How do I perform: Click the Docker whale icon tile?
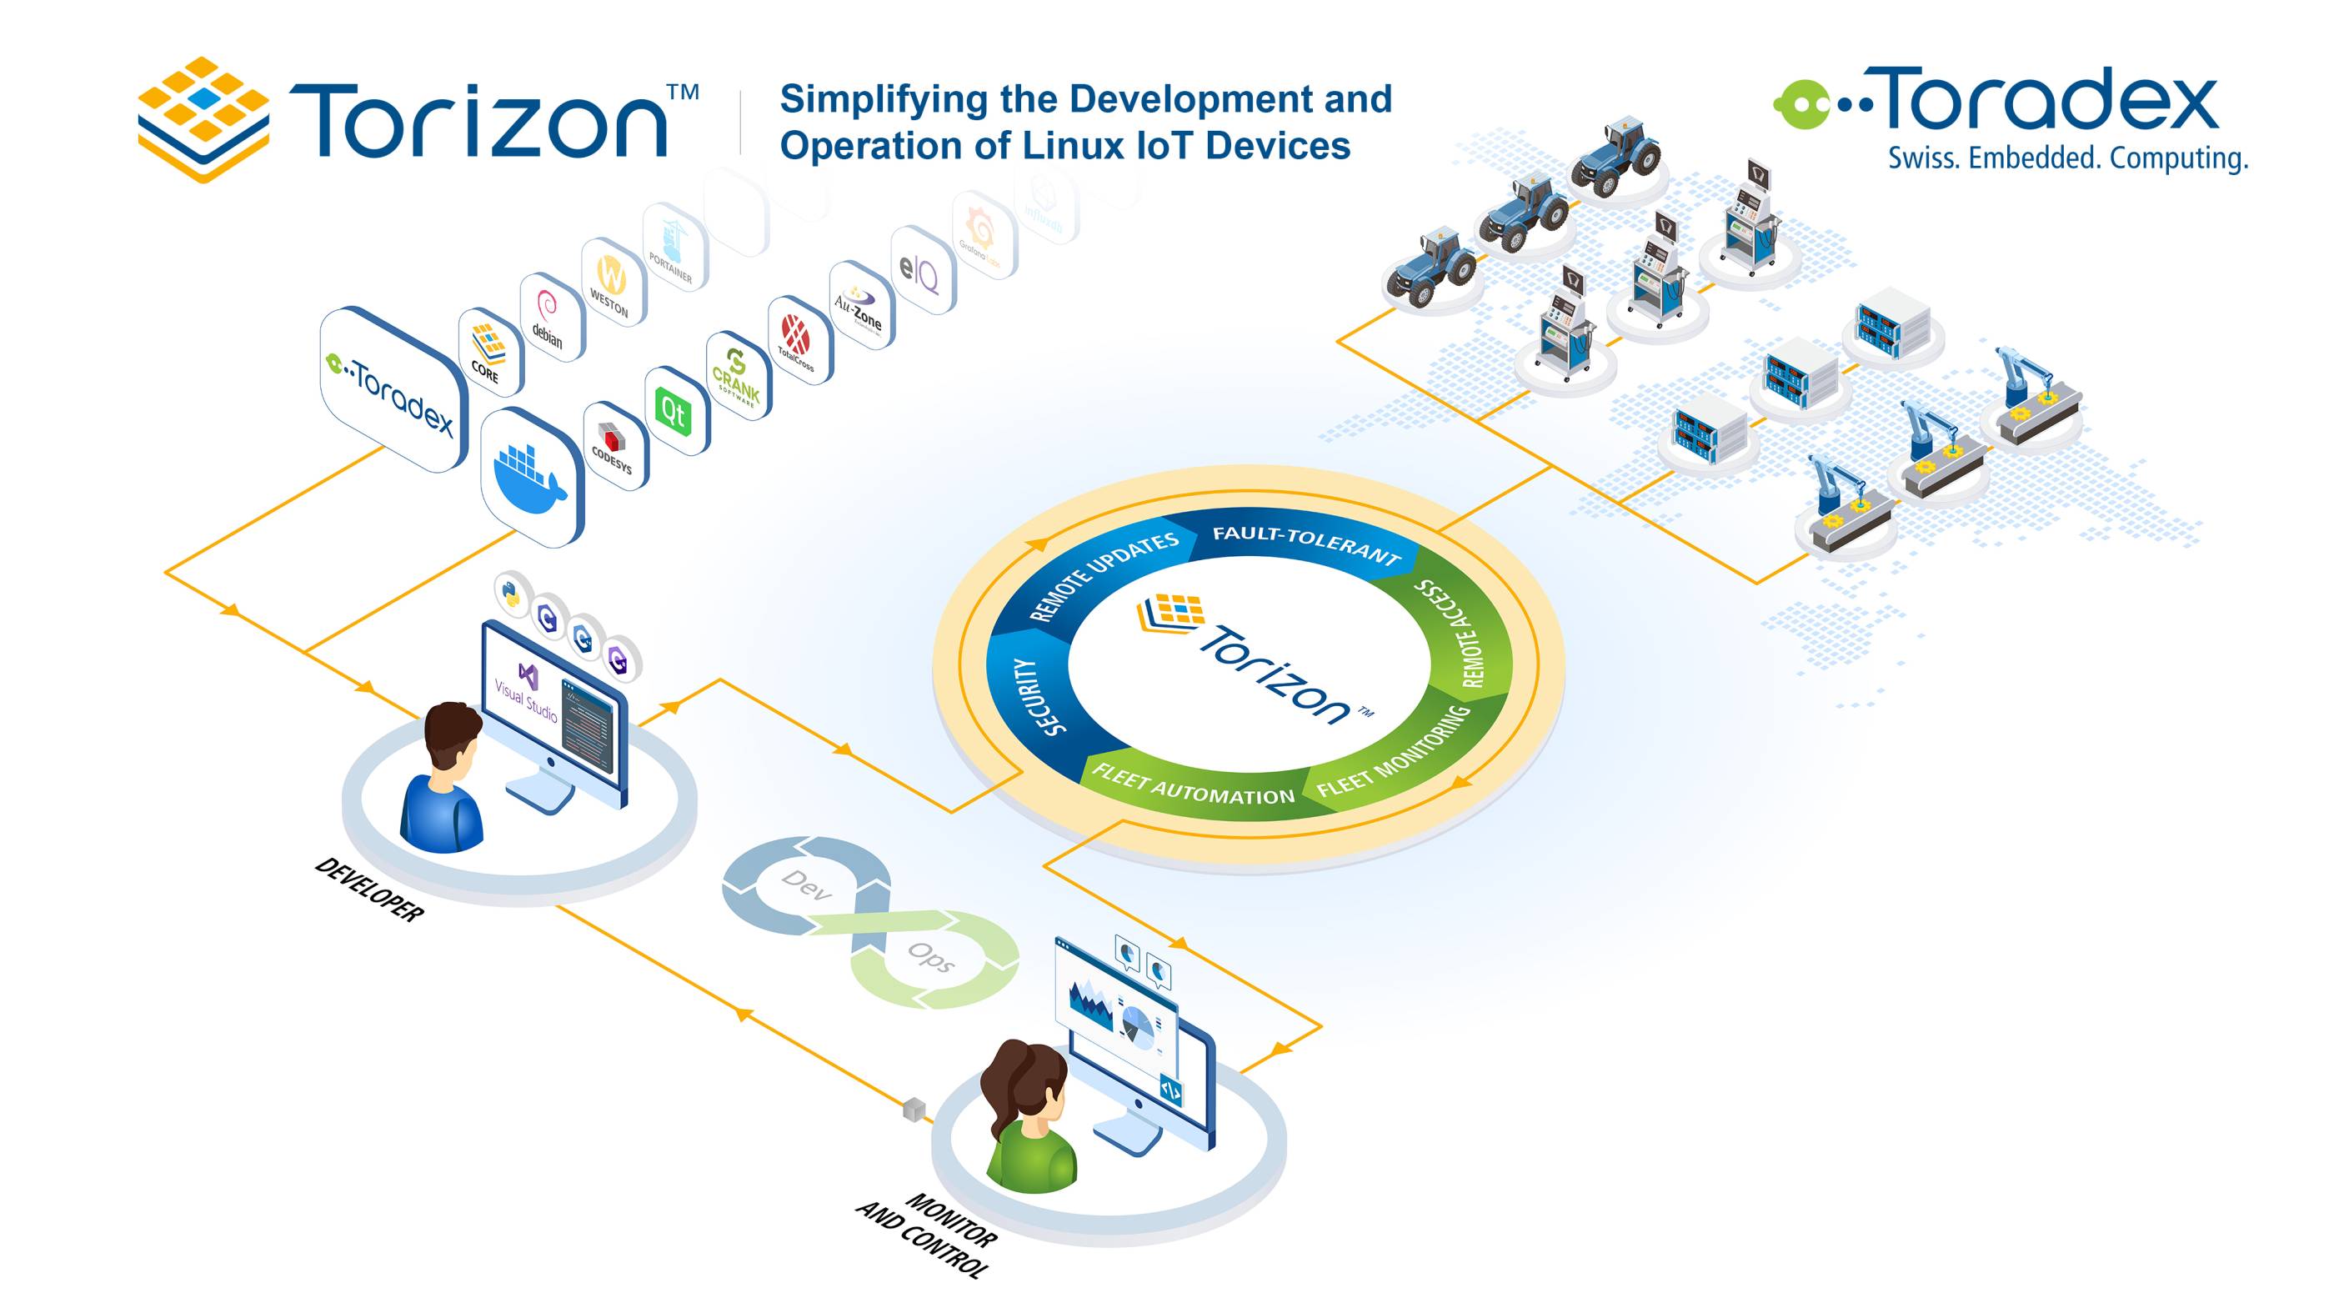click(x=531, y=476)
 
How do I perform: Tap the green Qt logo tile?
click(x=674, y=413)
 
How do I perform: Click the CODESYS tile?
click(x=614, y=447)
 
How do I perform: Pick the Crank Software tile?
click(x=737, y=375)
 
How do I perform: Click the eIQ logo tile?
click(x=919, y=272)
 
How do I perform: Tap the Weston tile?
click(x=612, y=283)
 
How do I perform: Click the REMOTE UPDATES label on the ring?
click(x=1104, y=575)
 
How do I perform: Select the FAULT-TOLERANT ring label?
click(x=1305, y=542)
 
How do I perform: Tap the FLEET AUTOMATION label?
click(x=1194, y=785)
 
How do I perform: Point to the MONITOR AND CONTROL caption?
click(x=928, y=1232)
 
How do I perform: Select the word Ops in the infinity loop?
click(x=931, y=956)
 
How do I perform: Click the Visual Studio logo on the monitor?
click(x=527, y=689)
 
